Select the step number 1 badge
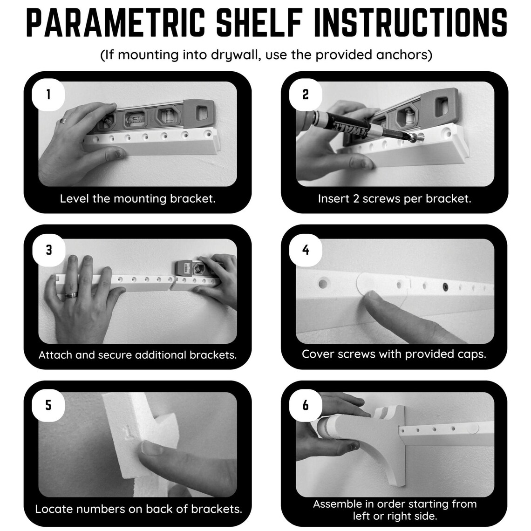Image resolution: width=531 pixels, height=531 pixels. (48, 95)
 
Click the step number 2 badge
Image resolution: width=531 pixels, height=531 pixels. (306, 95)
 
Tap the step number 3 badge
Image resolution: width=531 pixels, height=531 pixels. (48, 250)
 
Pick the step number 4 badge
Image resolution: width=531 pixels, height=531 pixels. (306, 250)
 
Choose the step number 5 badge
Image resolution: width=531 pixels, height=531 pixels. (48, 405)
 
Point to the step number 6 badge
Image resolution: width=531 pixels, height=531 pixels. (306, 405)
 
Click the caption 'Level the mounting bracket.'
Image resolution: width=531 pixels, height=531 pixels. (137, 199)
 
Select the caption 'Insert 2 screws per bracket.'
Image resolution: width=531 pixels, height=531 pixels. (395, 199)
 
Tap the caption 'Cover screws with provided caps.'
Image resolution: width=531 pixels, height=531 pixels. (394, 354)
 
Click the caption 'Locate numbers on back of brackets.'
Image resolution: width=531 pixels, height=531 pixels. (138, 509)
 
